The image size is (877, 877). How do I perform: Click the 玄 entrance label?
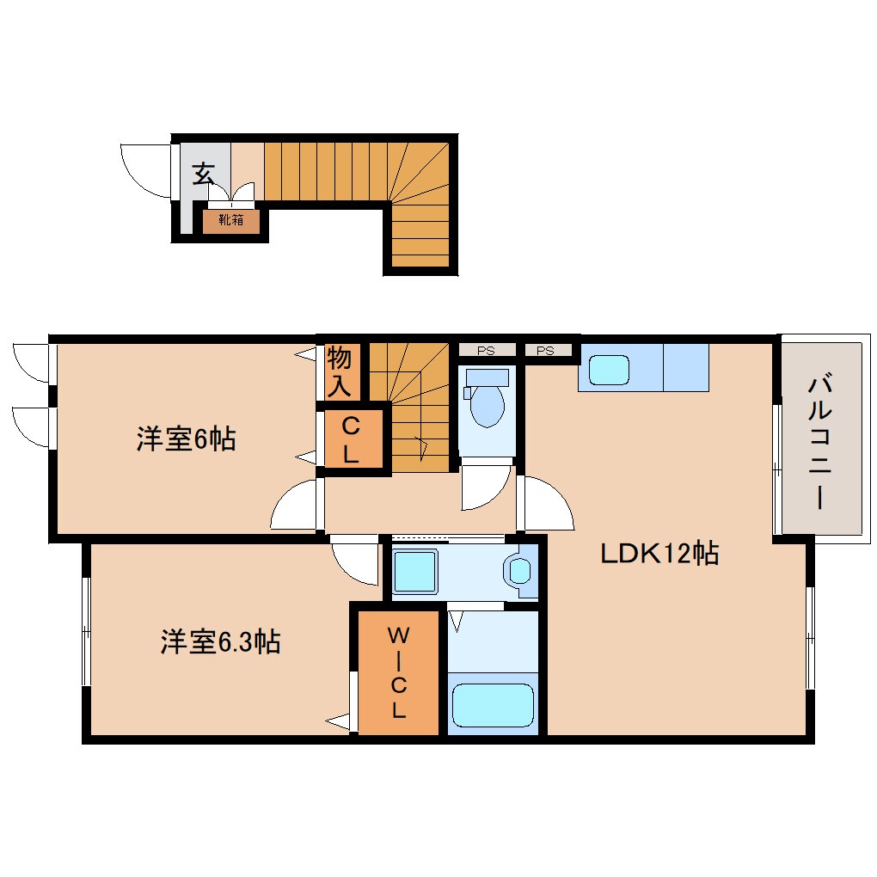point(203,175)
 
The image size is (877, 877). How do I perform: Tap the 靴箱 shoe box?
point(230,220)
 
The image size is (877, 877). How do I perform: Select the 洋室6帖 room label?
point(186,439)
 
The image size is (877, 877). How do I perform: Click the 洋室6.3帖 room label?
point(220,641)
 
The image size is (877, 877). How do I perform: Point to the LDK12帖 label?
point(659,555)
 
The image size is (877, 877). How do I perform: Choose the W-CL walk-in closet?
point(398,672)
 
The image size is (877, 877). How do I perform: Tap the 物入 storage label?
point(340,371)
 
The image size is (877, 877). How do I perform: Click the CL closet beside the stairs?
point(350,439)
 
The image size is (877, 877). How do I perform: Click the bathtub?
point(492,705)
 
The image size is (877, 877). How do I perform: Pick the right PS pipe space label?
point(545,350)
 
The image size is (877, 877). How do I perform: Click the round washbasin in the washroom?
point(520,569)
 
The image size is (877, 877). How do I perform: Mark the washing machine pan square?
point(415,570)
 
